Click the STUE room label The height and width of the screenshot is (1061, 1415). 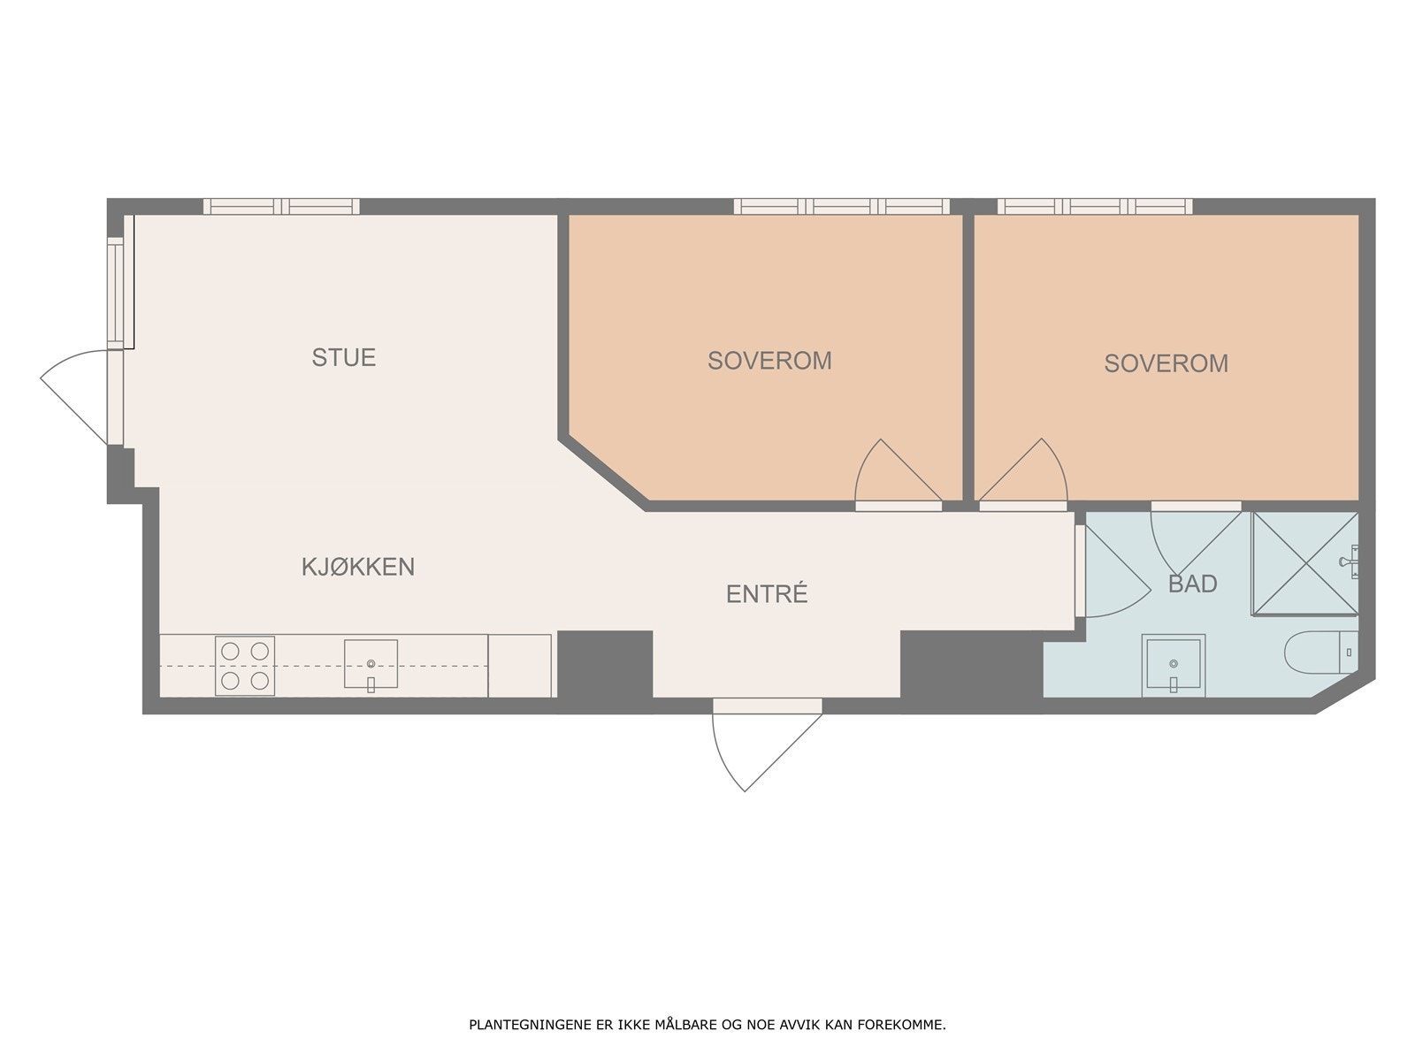[x=344, y=357]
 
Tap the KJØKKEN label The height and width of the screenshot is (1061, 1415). [x=358, y=567]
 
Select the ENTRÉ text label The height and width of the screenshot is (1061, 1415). [x=767, y=593]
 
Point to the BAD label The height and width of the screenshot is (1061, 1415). [x=1193, y=584]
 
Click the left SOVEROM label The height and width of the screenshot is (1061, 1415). [x=769, y=361]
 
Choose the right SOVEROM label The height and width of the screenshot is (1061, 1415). [x=1166, y=363]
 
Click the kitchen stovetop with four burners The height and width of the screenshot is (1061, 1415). [x=245, y=666]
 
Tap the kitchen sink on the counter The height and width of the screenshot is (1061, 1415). [x=371, y=664]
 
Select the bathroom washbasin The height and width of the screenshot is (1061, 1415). [x=1174, y=666]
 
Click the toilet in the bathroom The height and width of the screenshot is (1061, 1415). [x=1321, y=652]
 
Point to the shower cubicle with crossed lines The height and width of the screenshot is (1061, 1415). [x=1304, y=564]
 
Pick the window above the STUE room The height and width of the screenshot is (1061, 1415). [x=282, y=206]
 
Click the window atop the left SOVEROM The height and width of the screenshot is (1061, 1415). [x=842, y=206]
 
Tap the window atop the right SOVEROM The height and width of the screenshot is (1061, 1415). [x=1095, y=206]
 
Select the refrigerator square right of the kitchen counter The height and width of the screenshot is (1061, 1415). [x=520, y=666]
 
